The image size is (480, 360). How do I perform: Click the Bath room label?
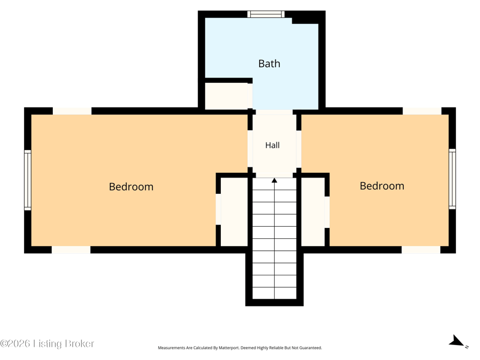click(x=269, y=64)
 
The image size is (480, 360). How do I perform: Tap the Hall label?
click(x=272, y=145)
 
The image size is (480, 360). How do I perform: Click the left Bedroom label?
click(x=131, y=187)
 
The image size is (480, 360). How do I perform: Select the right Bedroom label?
click(x=382, y=186)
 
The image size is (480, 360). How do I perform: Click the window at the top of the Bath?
click(x=266, y=14)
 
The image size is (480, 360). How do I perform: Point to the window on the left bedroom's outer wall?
click(x=28, y=180)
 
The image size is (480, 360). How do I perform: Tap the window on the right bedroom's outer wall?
click(x=452, y=179)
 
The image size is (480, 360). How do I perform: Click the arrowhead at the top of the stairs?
click(x=274, y=181)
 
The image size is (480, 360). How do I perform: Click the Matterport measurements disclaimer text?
click(x=239, y=348)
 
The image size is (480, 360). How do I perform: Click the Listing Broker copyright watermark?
click(x=47, y=343)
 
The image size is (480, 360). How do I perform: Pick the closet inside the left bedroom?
click(x=234, y=212)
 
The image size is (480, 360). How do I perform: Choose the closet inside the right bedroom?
click(x=313, y=212)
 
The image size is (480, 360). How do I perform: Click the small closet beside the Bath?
click(x=226, y=96)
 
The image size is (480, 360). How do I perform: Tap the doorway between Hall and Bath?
click(x=274, y=112)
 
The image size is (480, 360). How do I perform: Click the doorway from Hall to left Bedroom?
click(x=250, y=149)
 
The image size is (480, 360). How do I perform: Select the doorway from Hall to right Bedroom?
click(x=299, y=149)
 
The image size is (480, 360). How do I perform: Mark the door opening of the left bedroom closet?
click(x=218, y=209)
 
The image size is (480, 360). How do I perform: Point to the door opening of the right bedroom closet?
click(x=327, y=212)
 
